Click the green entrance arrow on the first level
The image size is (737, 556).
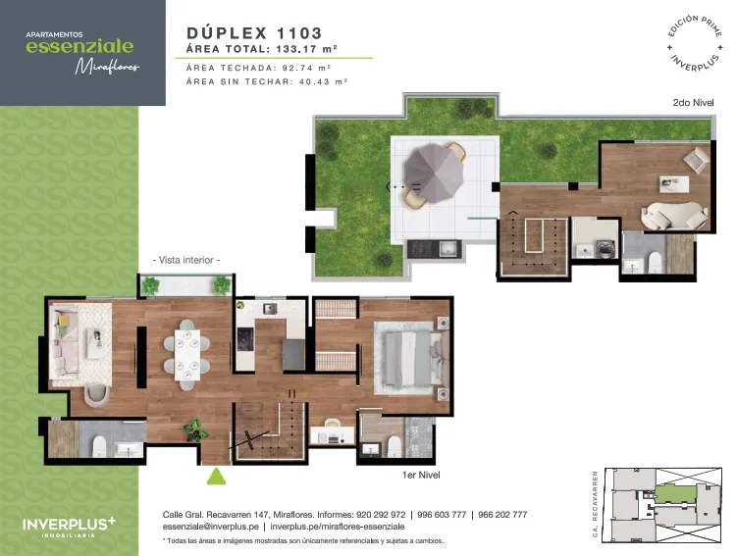(x=216, y=477)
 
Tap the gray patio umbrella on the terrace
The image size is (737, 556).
(x=434, y=173)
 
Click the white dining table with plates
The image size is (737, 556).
(x=187, y=355)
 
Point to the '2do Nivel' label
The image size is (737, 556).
(x=693, y=102)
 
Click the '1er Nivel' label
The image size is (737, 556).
(x=421, y=475)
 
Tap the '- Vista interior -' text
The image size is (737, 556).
(x=186, y=260)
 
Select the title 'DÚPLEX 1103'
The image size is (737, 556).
(x=254, y=33)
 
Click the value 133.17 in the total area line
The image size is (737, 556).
(x=296, y=49)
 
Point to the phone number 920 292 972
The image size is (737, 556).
(x=381, y=515)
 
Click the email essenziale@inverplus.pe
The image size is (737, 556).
(x=211, y=527)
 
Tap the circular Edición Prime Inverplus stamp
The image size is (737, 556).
(x=695, y=43)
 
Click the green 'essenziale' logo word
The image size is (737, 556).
(x=79, y=46)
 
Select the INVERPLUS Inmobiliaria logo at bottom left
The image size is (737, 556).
(x=69, y=527)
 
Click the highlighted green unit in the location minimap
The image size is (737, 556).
(x=675, y=494)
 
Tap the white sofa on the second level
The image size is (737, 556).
(x=675, y=216)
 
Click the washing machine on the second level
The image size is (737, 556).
(x=606, y=249)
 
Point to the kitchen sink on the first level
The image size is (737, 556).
(x=270, y=309)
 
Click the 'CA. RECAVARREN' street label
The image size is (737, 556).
(x=595, y=504)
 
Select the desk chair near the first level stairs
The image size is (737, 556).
(x=333, y=423)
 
